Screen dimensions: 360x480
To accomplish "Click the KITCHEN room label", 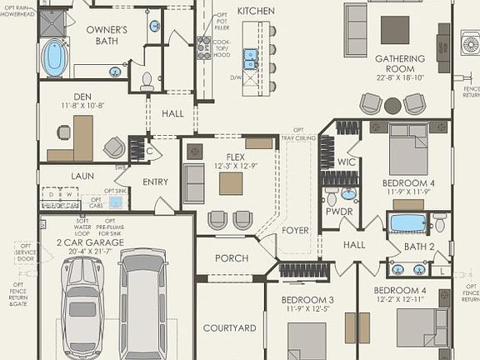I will pos(256,11).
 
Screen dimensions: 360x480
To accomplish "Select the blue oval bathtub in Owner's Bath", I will pos(54,58).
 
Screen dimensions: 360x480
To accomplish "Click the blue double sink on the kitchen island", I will pos(250,57).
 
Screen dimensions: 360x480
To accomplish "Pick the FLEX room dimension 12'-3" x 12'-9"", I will pos(231,166).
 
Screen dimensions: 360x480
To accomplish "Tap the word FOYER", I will pos(295,231).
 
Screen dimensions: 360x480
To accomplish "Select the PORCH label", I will pos(231,258).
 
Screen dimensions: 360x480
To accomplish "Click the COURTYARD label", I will pos(229,327).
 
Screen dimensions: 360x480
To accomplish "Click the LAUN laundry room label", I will pos(82,176).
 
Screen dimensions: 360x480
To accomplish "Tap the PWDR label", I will pos(340,212).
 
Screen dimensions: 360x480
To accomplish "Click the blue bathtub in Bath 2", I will pos(408,223).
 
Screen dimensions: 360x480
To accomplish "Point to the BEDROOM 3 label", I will pos(307,300).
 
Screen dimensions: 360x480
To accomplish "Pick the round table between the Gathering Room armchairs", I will pos(392,106).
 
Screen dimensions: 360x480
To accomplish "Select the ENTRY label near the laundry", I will pos(155,182).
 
